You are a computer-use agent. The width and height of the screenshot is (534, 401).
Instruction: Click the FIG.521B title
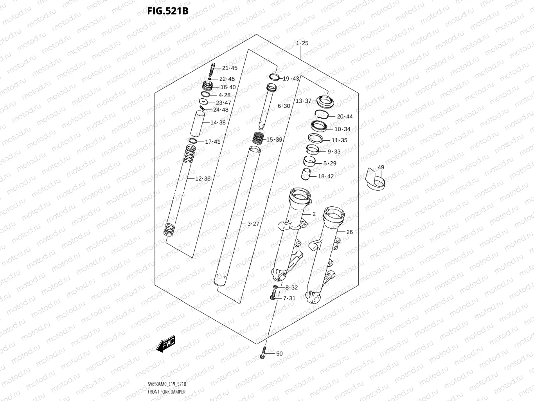167,11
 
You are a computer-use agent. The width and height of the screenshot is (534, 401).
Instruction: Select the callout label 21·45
230,68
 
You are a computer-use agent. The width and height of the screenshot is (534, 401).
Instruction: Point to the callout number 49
381,167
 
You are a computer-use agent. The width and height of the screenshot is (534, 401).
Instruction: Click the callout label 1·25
302,43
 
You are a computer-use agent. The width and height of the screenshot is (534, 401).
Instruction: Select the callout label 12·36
203,179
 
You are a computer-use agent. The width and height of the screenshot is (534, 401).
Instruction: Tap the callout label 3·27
253,224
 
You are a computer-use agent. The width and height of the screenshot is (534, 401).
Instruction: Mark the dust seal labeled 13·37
324,102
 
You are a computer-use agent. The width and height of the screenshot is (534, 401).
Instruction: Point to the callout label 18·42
325,176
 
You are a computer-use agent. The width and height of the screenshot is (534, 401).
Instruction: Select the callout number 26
349,232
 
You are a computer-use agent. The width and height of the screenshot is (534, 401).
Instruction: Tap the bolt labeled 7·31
273,298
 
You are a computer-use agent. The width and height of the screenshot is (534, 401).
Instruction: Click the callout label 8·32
291,287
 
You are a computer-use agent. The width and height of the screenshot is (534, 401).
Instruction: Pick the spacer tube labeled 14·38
199,123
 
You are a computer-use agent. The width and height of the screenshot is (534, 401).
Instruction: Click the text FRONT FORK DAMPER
166,392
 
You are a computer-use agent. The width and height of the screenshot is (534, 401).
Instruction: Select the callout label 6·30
284,106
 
